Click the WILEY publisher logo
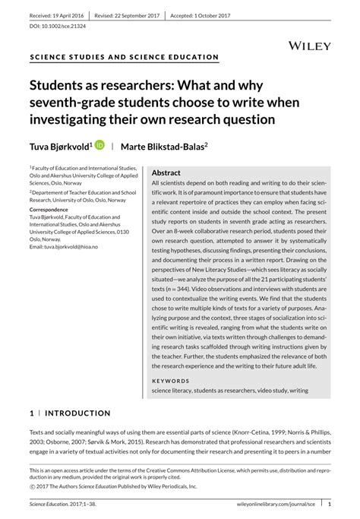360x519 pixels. [310, 46]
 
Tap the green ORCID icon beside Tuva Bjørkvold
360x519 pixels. [99, 144]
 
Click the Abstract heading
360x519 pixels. [166, 173]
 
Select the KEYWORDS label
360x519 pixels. [171, 380]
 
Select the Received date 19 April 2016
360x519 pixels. [57, 15]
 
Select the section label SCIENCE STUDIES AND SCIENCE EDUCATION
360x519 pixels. [124, 58]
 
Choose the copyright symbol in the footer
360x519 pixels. [31, 486]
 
